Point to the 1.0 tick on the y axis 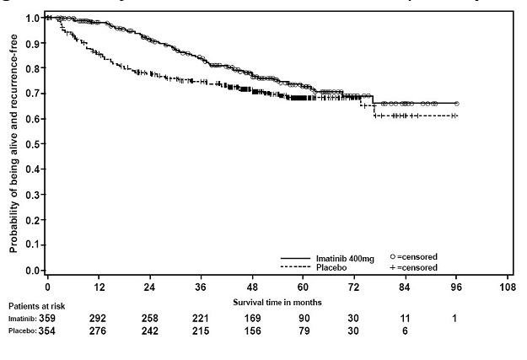point(32,18)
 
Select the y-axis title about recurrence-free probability point(14,145)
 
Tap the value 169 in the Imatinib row point(253,319)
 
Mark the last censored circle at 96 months point(457,103)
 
